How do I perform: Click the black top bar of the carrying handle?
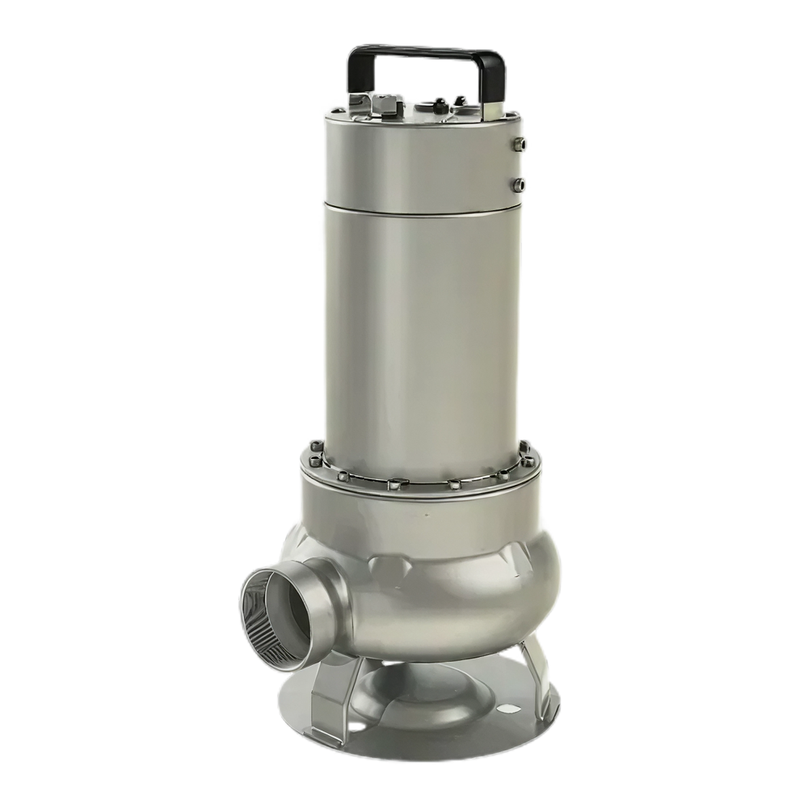425,53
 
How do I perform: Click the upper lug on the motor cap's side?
520,145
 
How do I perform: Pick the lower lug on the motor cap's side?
519,185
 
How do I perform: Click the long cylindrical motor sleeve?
420,323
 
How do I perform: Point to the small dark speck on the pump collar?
426,512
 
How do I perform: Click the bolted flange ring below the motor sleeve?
420,477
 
